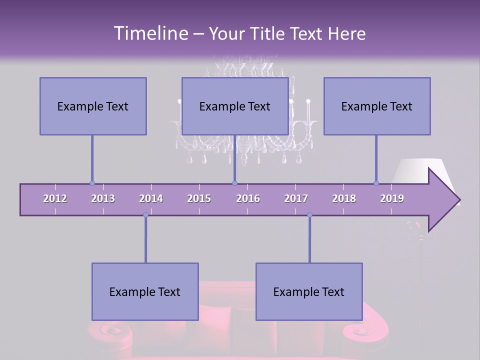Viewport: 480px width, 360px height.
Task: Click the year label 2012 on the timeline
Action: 55,198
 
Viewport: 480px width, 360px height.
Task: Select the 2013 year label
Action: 103,198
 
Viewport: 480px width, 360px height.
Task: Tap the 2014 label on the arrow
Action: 151,198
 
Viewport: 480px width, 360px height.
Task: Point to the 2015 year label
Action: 199,198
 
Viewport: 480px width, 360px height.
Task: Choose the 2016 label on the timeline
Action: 248,198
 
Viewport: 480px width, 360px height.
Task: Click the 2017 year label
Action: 296,198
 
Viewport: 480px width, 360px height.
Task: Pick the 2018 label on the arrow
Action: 344,198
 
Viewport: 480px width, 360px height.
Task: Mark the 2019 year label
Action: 392,198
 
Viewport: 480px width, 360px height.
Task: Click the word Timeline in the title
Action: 149,33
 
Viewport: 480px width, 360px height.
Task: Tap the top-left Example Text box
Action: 93,106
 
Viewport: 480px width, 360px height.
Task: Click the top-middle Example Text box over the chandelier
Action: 235,106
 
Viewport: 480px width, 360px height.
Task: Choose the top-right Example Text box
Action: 377,106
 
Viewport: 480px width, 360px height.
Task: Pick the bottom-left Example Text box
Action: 145,291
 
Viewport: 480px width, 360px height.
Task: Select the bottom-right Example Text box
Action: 309,291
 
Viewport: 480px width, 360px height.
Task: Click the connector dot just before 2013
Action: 92,183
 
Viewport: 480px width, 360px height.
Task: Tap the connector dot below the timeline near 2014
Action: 145,215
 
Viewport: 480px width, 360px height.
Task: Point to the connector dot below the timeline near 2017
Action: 309,215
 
